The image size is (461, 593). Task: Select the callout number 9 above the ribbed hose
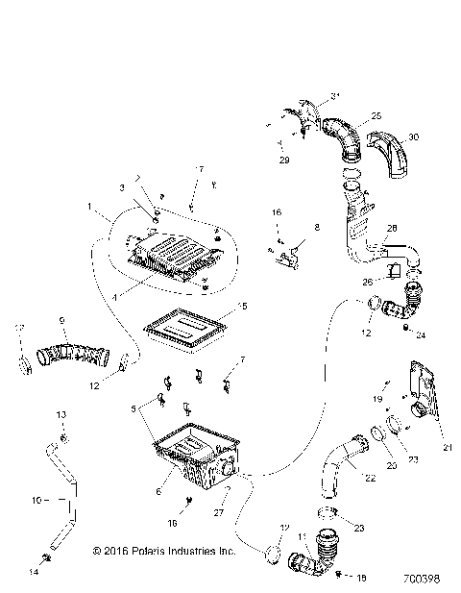tap(62, 320)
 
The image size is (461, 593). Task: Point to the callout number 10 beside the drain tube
tap(36, 500)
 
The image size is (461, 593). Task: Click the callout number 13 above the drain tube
tap(62, 413)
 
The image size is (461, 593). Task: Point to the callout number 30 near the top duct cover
tap(414, 136)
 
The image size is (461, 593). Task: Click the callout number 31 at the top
tap(336, 93)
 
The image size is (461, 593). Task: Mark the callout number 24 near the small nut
tap(420, 336)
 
